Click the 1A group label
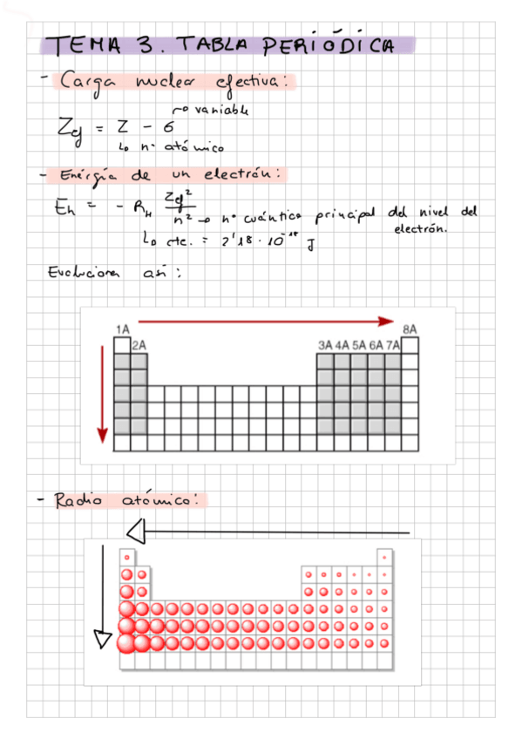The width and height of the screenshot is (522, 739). pos(122,329)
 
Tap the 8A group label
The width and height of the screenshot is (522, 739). pos(410,329)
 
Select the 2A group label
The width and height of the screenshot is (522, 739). pos(139,345)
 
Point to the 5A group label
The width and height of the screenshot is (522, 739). pos(359,345)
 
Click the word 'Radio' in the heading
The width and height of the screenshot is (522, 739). pos(78,501)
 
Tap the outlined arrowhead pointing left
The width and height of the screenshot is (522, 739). pos(135,531)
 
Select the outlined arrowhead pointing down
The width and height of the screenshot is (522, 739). pos(104,641)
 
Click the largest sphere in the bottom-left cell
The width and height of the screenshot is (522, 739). pos(126,642)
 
